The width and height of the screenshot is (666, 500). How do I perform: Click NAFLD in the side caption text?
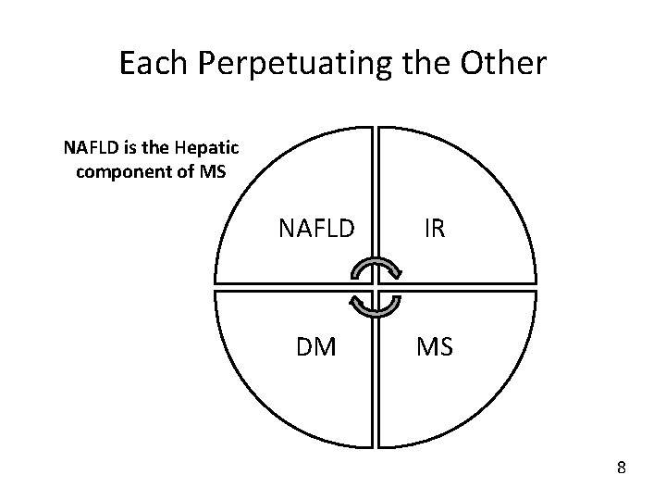tap(89, 147)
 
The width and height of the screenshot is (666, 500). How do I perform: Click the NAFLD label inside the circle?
tap(316, 227)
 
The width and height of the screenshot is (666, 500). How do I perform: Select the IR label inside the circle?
tap(434, 227)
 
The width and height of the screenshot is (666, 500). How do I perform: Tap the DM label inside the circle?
tap(316, 347)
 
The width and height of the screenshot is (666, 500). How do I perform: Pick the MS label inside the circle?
tap(434, 347)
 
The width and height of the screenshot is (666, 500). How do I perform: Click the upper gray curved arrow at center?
tap(375, 269)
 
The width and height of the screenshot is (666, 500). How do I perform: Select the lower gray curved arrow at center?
tap(375, 305)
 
